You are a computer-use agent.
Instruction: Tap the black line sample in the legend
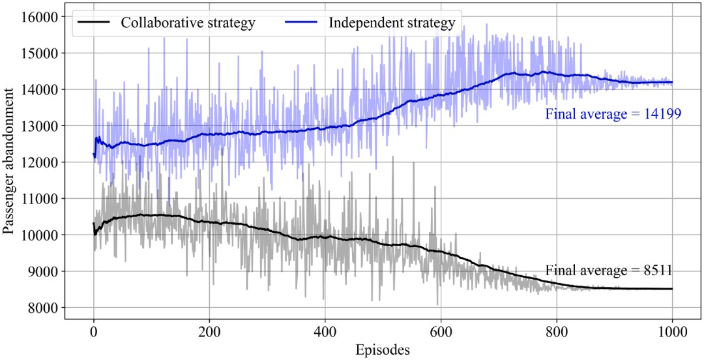pyautogui.click(x=95, y=22)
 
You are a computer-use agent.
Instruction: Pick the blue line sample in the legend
pyautogui.click(x=302, y=22)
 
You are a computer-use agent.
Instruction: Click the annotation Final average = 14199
pyautogui.click(x=613, y=114)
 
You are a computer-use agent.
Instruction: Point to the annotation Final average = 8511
pyautogui.click(x=608, y=271)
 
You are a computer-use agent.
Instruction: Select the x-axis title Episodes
pyautogui.click(x=383, y=349)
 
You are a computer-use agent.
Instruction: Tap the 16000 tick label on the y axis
pyautogui.click(x=41, y=16)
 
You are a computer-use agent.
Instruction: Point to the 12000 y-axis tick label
pyautogui.click(x=41, y=162)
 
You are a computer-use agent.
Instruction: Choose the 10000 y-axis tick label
pyautogui.click(x=41, y=235)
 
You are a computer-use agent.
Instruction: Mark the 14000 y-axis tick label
pyautogui.click(x=41, y=89)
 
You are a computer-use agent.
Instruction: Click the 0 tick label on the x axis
pyautogui.click(x=94, y=333)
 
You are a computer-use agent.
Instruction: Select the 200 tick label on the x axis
pyautogui.click(x=209, y=333)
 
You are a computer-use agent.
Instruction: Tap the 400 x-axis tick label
pyautogui.click(x=325, y=333)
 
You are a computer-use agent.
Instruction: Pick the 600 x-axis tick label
pyautogui.click(x=441, y=333)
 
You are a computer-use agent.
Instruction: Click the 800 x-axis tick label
pyautogui.click(x=557, y=333)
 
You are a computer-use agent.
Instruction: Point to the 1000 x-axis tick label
pyautogui.click(x=672, y=333)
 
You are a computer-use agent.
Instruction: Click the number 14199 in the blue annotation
pyautogui.click(x=664, y=114)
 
